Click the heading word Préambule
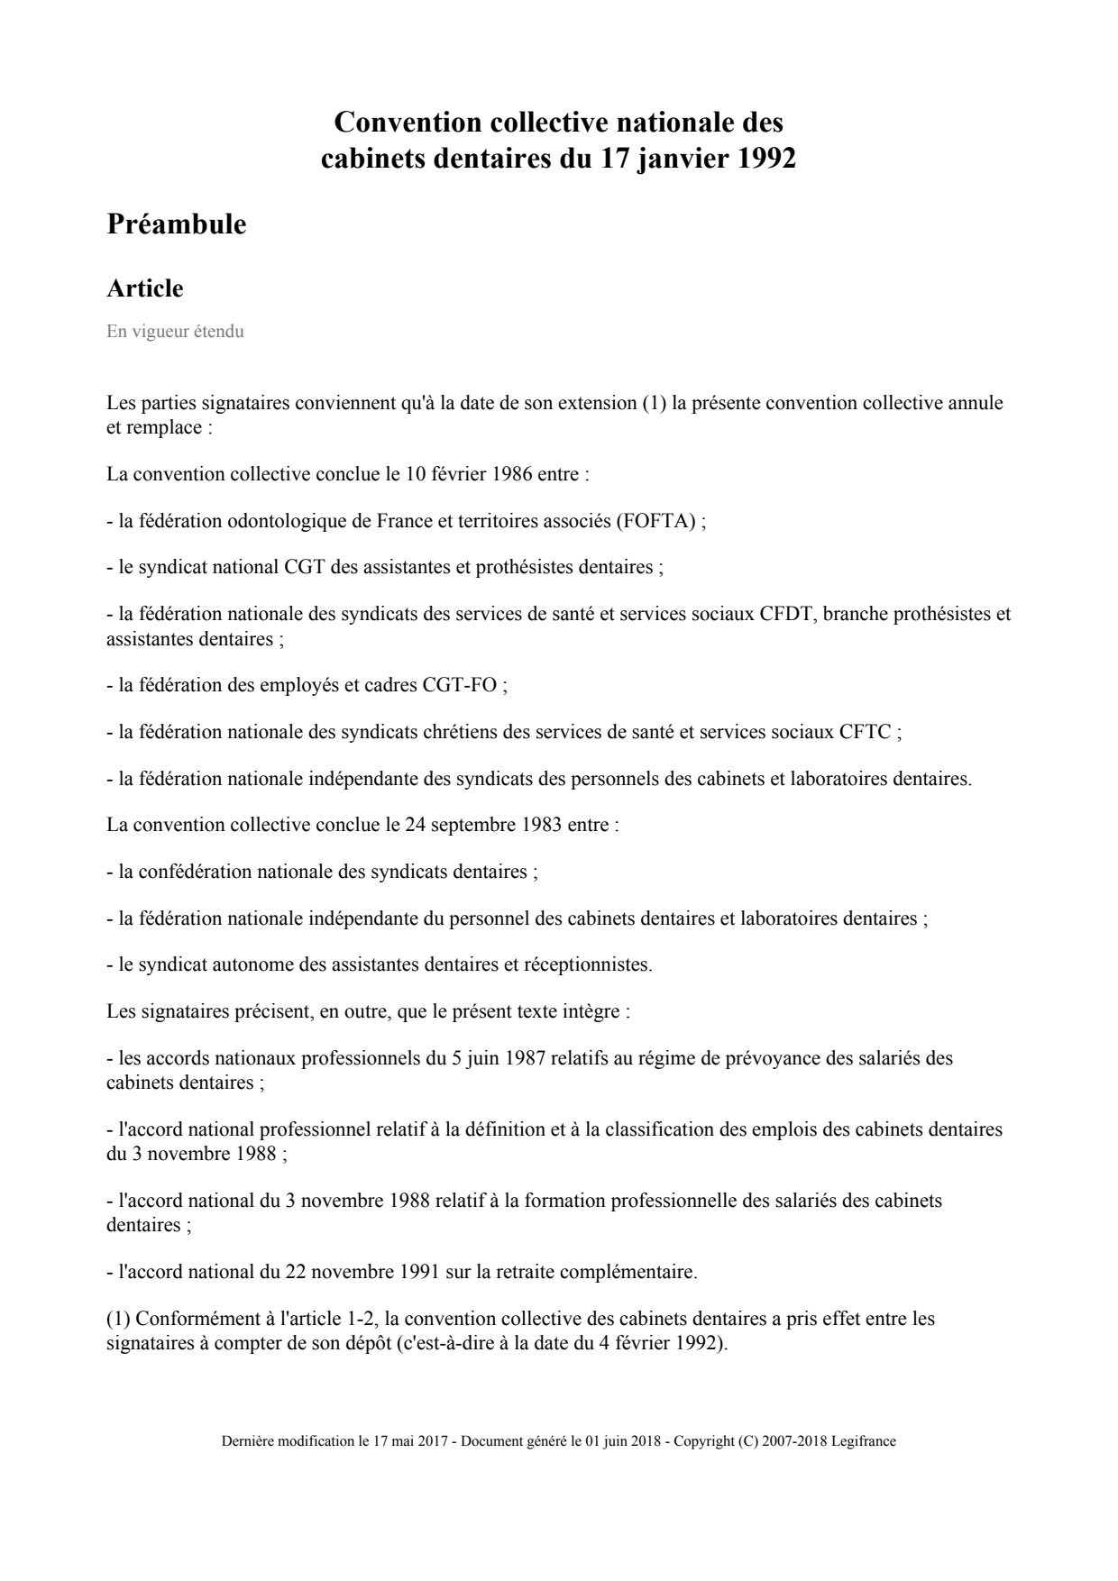point(177,224)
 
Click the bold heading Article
point(145,288)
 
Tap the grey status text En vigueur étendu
point(175,332)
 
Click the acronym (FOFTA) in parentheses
point(655,521)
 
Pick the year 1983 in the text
point(543,825)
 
